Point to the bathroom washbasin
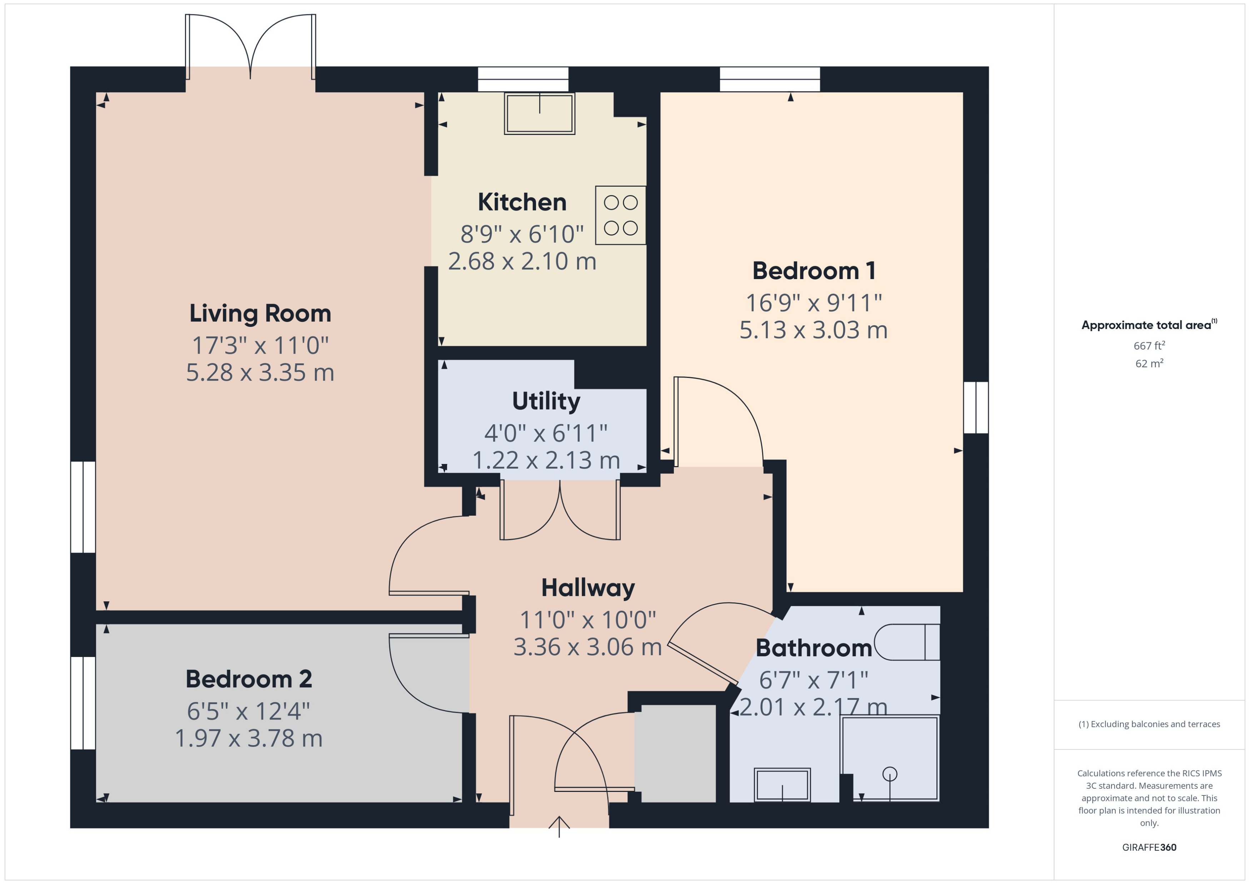point(782,785)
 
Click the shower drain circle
point(889,773)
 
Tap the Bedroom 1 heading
point(814,271)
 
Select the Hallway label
point(588,588)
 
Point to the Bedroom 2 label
point(249,679)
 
